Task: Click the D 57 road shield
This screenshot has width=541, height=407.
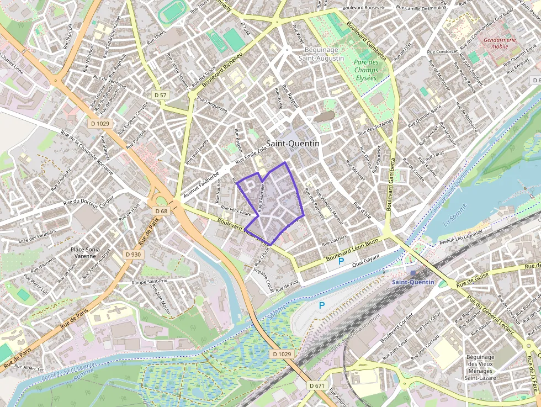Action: tap(160, 95)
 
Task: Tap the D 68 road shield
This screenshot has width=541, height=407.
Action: tap(161, 211)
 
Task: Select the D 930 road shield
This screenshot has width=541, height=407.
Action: tap(133, 254)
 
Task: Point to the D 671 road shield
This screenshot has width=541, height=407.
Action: tap(317, 385)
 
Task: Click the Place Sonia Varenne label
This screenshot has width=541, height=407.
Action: tap(85, 252)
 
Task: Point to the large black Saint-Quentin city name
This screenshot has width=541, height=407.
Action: tap(293, 143)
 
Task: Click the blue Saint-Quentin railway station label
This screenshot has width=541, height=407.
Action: tap(413, 282)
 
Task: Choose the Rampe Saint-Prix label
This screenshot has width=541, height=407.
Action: tap(148, 282)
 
